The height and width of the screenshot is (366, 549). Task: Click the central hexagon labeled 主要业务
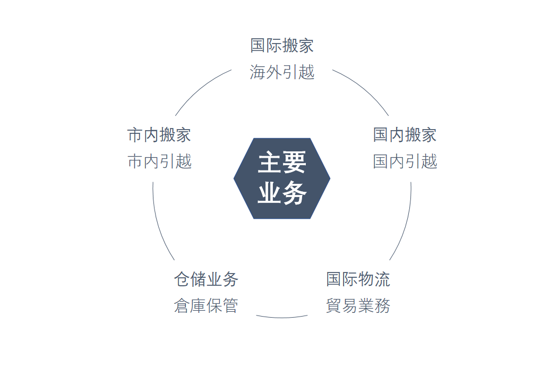pos(282,178)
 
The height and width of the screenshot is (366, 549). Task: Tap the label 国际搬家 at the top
pos(282,46)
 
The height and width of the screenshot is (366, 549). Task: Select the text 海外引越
pos(282,72)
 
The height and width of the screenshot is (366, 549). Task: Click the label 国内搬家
pos(405,135)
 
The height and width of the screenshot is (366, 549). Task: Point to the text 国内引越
pos(405,161)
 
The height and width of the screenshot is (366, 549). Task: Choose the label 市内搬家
pos(159,135)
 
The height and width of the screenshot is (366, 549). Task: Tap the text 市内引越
pos(159,161)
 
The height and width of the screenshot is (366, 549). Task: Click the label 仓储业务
pos(206,279)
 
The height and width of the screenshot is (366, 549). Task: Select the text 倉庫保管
pos(206,306)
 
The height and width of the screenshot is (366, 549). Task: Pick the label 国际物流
pos(358,279)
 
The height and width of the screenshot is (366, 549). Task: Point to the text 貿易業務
pos(358,306)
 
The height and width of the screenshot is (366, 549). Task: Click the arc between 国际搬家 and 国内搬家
pos(364,88)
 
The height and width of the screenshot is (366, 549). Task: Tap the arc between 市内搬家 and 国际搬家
pos(200,88)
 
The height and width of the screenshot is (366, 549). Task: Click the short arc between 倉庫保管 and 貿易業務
pos(282,318)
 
